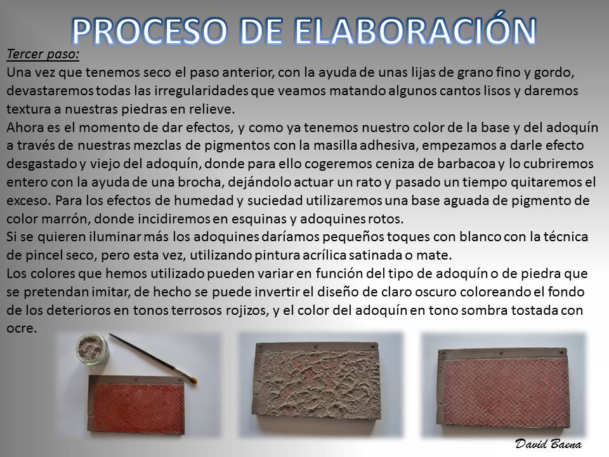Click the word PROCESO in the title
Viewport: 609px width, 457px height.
149,30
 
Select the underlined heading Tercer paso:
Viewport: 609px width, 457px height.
43,54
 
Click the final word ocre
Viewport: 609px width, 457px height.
22,329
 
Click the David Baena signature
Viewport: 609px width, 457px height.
548,444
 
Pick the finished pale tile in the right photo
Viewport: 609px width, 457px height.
503,390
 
